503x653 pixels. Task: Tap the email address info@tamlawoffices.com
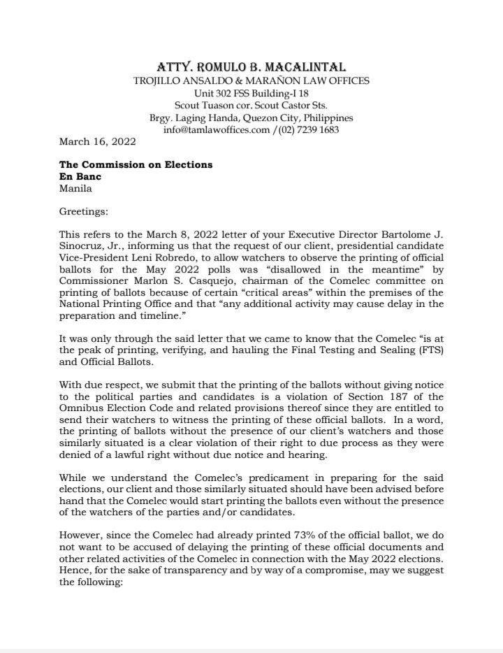click(216, 130)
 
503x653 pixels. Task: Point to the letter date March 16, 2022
click(97, 141)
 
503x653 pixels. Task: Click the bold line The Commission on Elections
click(136, 165)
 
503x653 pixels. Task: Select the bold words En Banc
click(80, 177)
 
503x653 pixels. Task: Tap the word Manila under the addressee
click(75, 188)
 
